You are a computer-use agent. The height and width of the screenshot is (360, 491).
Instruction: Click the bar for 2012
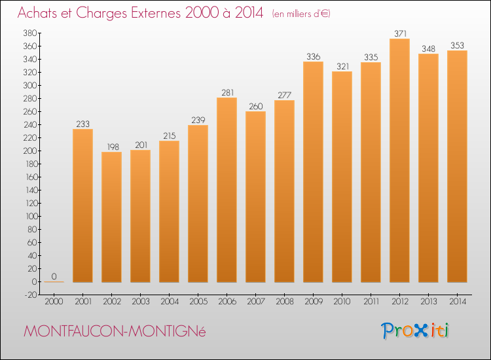tap(399, 160)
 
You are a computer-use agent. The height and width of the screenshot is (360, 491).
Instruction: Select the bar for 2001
tap(82, 206)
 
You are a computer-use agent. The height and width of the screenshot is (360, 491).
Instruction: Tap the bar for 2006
tap(227, 190)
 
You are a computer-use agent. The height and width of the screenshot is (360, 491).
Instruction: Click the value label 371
tap(399, 33)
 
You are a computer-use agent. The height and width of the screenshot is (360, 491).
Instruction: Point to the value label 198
tap(111, 147)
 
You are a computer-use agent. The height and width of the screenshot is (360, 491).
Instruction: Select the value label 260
tap(255, 106)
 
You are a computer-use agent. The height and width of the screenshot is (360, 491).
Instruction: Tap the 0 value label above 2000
tap(54, 276)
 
